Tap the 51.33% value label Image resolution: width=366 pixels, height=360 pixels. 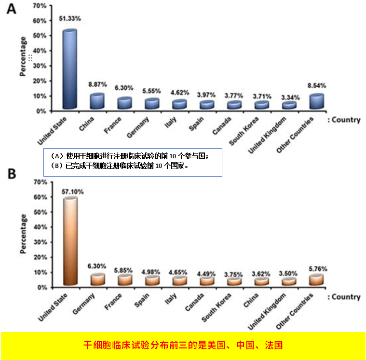coord(70,18)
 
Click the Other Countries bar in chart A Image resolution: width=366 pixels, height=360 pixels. coord(316,102)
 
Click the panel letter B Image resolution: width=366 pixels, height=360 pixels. coord(11,174)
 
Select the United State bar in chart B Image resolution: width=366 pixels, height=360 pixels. coord(70,241)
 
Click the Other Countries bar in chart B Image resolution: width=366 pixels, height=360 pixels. coord(317,280)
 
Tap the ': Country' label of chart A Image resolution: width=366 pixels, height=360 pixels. coord(344,120)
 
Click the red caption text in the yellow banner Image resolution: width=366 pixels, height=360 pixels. coord(183,345)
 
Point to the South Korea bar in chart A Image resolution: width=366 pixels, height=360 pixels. coord(262,105)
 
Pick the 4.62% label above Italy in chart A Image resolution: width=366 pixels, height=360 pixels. coord(179,92)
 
